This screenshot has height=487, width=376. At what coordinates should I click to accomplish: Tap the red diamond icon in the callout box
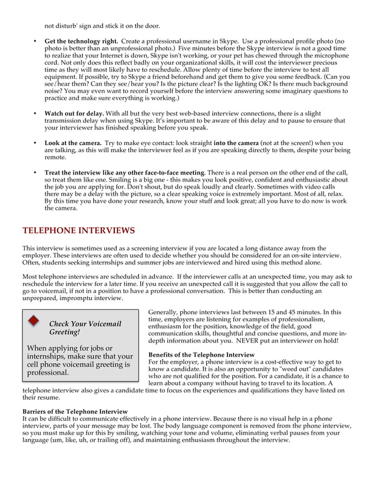[34, 321]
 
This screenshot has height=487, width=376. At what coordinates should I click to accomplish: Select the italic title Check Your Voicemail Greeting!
[84, 328]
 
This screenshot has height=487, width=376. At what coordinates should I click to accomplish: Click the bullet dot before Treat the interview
[35, 172]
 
